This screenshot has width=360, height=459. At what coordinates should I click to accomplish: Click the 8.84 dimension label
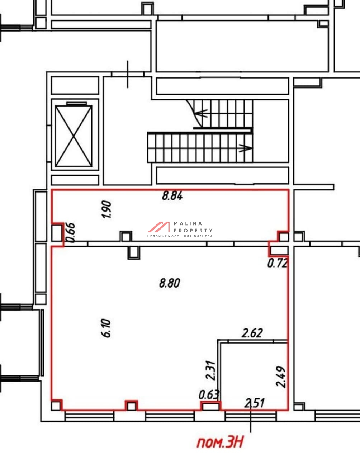tap(172, 196)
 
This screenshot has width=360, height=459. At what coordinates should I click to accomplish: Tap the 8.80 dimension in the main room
tap(170, 283)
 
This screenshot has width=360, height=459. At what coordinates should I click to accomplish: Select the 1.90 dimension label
tap(106, 209)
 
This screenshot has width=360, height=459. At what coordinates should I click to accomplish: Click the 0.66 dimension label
tap(71, 233)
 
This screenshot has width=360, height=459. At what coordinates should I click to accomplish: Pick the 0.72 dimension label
tap(278, 263)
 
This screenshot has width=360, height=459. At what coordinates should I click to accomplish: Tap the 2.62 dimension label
tap(252, 333)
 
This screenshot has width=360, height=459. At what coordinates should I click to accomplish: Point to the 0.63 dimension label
tap(209, 394)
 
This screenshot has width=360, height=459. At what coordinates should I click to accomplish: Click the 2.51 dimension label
tap(254, 403)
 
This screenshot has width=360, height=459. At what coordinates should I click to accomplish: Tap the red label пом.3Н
tap(220, 442)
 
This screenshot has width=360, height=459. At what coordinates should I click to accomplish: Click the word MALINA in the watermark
tap(188, 223)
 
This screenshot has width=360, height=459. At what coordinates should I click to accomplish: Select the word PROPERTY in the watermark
tap(193, 231)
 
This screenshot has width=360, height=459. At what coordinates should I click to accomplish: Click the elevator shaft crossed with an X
tap(74, 136)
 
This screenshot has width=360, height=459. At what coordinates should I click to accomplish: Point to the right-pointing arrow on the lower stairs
tap(245, 148)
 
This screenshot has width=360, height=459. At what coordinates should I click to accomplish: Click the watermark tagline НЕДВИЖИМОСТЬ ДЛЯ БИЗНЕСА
tap(180, 236)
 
